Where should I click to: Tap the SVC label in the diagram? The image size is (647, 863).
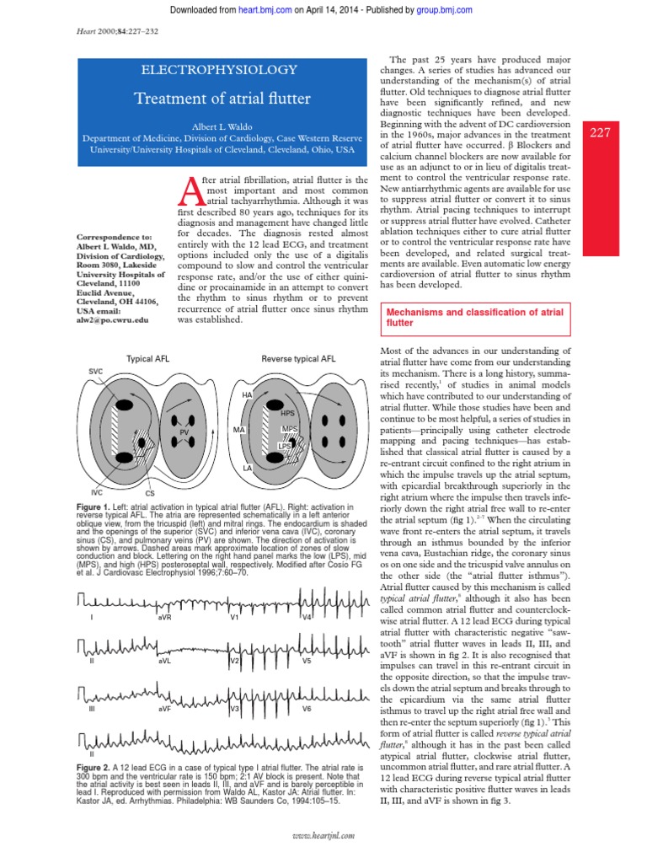[95, 371]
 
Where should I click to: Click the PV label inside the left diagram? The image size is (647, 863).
[184, 431]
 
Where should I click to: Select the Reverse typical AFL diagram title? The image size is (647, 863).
[298, 359]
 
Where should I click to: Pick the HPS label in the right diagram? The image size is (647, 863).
[287, 414]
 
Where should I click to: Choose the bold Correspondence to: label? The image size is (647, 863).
[111, 237]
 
